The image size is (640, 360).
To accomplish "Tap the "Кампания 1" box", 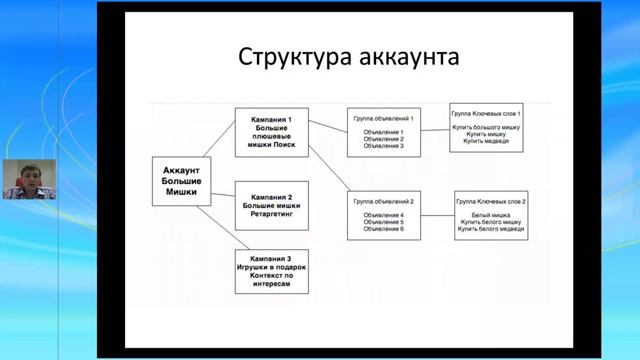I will click(272, 131).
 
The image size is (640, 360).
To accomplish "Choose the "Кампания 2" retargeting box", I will click(272, 205).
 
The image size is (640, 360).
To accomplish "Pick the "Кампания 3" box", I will click(272, 270).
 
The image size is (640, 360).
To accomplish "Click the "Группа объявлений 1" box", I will click(383, 132).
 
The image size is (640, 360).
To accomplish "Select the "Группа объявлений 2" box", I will click(383, 215).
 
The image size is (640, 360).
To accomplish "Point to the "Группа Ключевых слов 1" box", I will click(486, 127).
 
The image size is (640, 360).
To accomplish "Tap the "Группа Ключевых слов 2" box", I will click(491, 215).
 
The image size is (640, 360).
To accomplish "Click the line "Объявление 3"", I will click(383, 146).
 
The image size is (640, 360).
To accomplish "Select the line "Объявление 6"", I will click(383, 229).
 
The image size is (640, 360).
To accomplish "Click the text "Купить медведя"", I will click(486, 141).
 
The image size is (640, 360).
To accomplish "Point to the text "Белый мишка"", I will click(491, 215).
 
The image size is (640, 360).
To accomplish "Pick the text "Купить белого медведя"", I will click(491, 229).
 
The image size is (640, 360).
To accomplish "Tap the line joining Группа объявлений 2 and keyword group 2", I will click(436, 213).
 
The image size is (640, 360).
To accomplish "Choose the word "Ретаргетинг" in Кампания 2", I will click(272, 212).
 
